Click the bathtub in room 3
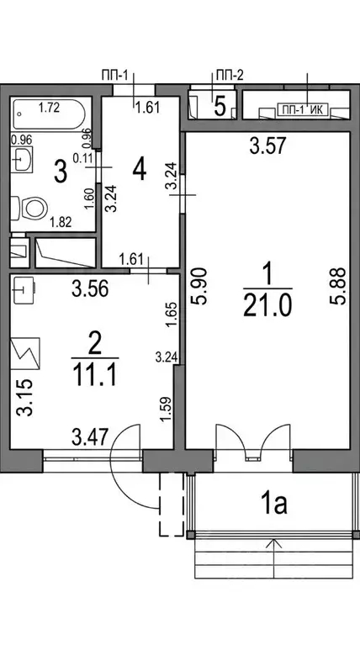(50, 114)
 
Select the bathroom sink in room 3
(22, 159)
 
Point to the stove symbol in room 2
(25, 353)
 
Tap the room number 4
(140, 170)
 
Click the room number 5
(220, 107)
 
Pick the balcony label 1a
(275, 505)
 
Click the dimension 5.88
(337, 286)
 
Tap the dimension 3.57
(267, 146)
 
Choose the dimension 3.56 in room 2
(90, 289)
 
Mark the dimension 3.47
(90, 437)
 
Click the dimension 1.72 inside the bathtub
(50, 108)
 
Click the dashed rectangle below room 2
(172, 505)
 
